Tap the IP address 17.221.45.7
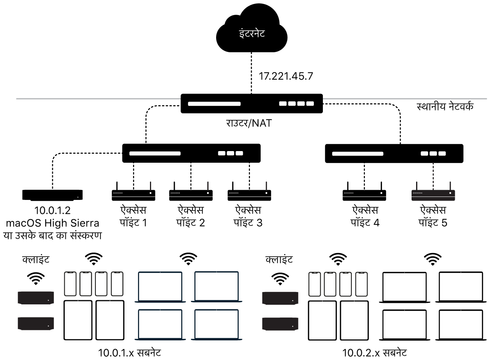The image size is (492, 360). click(286, 76)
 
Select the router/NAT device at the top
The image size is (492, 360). click(251, 103)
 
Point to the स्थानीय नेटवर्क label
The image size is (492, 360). click(445, 107)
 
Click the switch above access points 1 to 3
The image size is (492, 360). click(191, 153)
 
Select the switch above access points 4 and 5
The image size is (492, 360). click(394, 153)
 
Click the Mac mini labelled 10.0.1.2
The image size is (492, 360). click(53, 195)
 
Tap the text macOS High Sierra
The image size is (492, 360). click(53, 223)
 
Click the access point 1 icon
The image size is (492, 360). click(133, 193)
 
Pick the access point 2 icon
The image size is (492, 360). click(191, 193)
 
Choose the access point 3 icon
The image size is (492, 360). click(249, 193)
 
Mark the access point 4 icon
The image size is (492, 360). click(364, 193)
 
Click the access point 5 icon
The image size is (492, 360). click(433, 193)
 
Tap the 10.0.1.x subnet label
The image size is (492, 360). click(130, 353)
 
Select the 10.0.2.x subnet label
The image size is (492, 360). click(374, 353)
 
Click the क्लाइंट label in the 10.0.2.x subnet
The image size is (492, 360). click(279, 260)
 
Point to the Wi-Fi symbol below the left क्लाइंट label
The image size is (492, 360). click(36, 278)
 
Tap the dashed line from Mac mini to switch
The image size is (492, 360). click(86, 153)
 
